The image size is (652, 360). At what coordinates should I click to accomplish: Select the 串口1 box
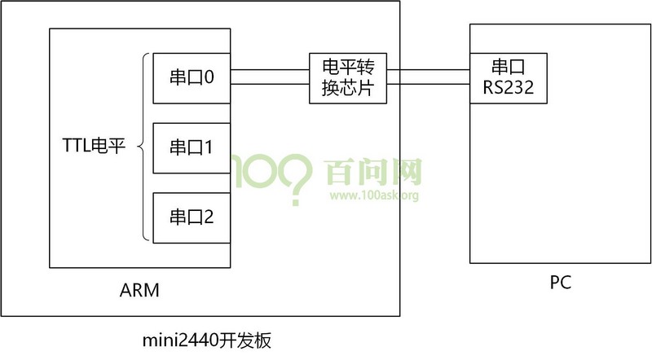[x=192, y=147]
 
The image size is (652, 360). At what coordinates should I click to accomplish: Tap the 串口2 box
[x=192, y=217]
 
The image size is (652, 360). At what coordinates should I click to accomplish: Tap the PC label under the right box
[x=560, y=283]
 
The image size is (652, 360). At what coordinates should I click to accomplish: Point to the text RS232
[x=509, y=87]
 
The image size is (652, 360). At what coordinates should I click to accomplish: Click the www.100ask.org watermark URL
[x=374, y=195]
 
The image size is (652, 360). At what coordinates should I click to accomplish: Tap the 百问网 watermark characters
[x=373, y=172]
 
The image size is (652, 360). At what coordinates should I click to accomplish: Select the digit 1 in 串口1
[x=209, y=147]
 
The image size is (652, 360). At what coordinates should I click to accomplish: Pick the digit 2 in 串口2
[x=209, y=217]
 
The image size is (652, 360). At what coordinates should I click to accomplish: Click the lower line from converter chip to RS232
[x=429, y=84]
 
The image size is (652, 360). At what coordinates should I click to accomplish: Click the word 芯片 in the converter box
[x=357, y=88]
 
